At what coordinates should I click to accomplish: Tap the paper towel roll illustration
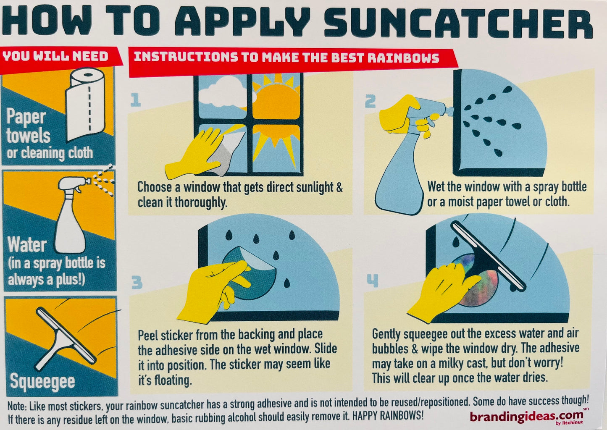85,104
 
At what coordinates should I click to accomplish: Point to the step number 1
136,100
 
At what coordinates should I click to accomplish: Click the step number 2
371,102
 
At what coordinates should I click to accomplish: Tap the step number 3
137,282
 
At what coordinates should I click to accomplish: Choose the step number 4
372,281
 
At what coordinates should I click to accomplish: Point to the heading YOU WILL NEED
55,56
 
